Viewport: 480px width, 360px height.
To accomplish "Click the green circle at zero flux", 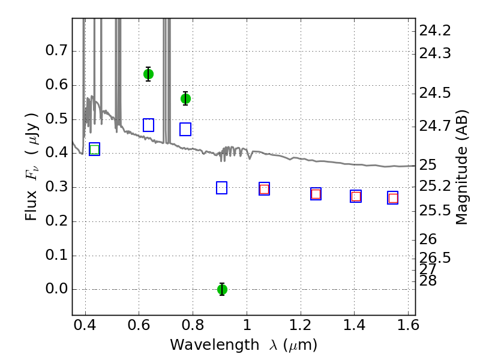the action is (222, 289).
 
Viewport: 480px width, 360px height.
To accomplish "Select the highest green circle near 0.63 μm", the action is (148, 74).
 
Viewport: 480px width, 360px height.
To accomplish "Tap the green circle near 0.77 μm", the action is (185, 98).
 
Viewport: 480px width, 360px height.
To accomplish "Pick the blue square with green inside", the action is (95, 149).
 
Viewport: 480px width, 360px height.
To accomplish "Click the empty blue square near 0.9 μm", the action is (221, 188).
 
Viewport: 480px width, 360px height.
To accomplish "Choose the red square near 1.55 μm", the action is (393, 199).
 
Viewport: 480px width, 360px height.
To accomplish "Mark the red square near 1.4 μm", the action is (356, 196).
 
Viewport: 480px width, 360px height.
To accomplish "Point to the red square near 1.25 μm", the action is (316, 194).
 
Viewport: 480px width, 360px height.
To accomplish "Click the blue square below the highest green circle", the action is (148, 125).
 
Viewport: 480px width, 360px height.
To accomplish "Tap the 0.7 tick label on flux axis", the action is (56, 50).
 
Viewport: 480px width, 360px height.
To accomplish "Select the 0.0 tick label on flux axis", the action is (56, 289).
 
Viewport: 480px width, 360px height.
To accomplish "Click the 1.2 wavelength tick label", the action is (301, 325).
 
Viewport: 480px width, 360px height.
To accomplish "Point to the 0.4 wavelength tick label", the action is (85, 325).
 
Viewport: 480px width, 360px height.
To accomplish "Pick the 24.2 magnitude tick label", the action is (434, 31).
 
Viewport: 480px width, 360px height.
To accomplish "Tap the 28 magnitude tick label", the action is (428, 281).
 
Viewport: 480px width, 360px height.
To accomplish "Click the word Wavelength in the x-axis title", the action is (215, 345).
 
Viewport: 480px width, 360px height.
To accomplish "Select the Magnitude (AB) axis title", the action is (462, 167).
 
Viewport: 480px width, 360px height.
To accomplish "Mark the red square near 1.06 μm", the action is (264, 189).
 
